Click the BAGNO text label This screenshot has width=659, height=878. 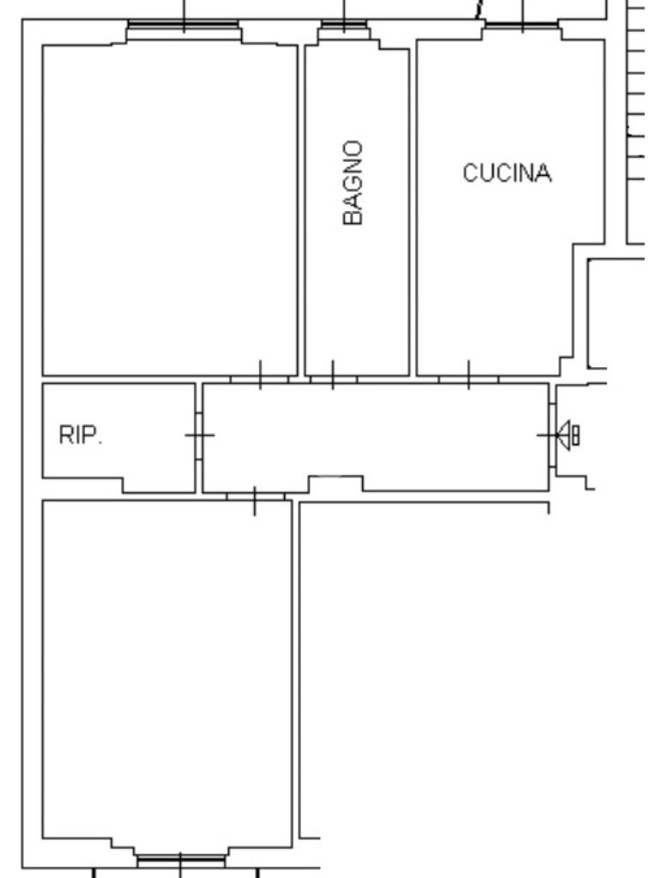coord(353,183)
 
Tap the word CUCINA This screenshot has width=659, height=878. coord(506,173)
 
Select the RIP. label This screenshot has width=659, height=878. coord(80,436)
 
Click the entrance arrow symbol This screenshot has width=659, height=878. coord(568,435)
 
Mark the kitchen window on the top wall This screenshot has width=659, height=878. coord(523,27)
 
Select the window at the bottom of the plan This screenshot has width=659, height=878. coord(181,859)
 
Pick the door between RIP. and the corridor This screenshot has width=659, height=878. coord(199,436)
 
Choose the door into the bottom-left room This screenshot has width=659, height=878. coord(255,496)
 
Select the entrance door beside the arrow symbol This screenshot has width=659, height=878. coord(551,436)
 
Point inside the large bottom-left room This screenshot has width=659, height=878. coord(167,669)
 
